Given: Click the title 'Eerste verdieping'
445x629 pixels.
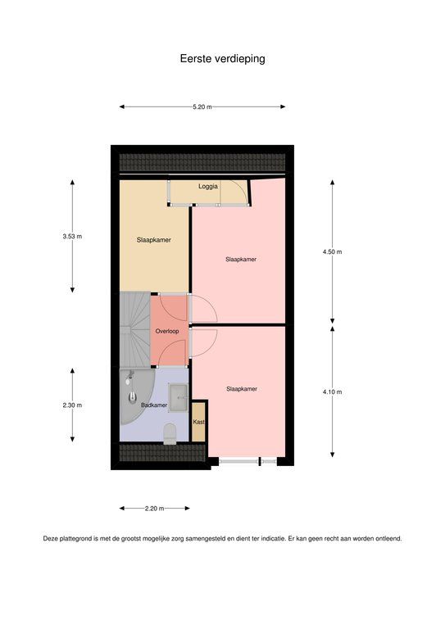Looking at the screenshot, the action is [222, 59].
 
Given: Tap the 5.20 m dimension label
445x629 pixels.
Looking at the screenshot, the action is [202, 107].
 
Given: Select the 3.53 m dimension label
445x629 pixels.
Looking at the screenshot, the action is [72, 237].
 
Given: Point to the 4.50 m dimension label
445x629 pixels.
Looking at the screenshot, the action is [332, 252].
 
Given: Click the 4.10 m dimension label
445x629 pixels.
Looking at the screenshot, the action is [332, 392].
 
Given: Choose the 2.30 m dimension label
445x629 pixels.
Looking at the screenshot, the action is [72, 405].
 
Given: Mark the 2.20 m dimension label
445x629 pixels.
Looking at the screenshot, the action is [155, 509].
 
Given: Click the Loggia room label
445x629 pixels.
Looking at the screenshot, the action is [208, 187].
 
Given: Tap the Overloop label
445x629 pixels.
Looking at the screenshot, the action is [167, 332].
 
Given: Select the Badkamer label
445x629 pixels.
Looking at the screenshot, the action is [154, 405].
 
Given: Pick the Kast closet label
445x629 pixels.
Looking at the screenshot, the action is [198, 422].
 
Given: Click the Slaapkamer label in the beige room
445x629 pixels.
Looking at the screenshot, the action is [154, 240].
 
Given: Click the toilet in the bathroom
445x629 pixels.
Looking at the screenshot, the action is [170, 433].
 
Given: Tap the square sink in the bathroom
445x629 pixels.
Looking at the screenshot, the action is [178, 397].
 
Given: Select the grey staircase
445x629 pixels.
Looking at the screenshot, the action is [135, 329].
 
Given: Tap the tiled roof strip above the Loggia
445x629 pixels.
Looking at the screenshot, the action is [202, 162].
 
